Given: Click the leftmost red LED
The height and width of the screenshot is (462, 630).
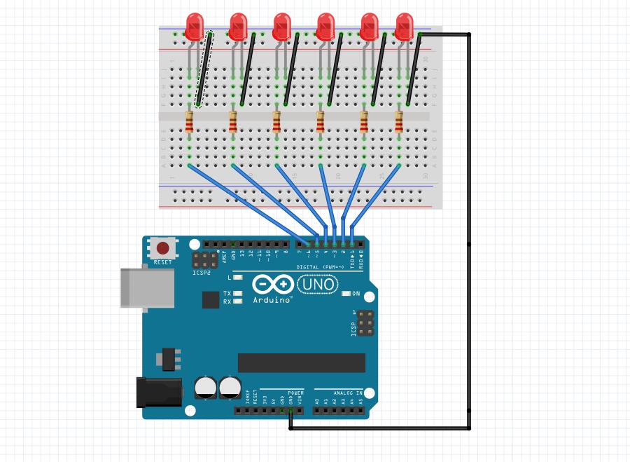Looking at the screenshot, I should click(195, 27).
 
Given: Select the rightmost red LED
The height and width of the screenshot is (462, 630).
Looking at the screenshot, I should click(405, 27).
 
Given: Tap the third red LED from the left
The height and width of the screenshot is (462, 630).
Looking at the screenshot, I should click(282, 27).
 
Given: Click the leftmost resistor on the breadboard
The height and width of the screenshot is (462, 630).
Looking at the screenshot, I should click(190, 123).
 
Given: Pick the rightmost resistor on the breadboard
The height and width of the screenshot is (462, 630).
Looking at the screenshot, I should click(399, 123).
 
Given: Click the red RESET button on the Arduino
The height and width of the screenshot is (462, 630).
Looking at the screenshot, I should click(163, 248).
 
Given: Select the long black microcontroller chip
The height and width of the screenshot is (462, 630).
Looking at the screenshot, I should click(301, 362).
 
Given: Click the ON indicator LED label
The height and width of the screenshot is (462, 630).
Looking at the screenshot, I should click(356, 294).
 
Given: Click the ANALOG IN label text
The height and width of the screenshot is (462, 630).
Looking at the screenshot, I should click(349, 393).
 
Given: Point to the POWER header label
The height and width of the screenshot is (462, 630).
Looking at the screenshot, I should click(295, 393).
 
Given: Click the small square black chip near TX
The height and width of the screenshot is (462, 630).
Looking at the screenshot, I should click(211, 300).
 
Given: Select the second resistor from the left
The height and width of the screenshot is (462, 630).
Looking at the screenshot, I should click(233, 123).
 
